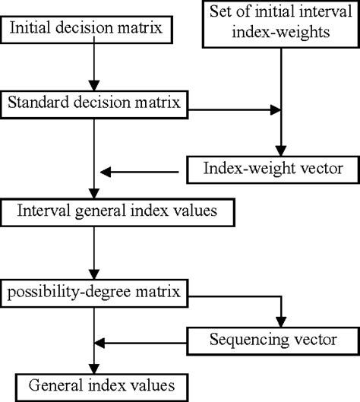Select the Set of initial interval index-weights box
[281, 22]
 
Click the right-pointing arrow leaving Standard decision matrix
[235, 111]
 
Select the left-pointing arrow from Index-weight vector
[141, 171]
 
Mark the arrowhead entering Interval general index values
[93, 193]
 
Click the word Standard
[39, 105]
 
